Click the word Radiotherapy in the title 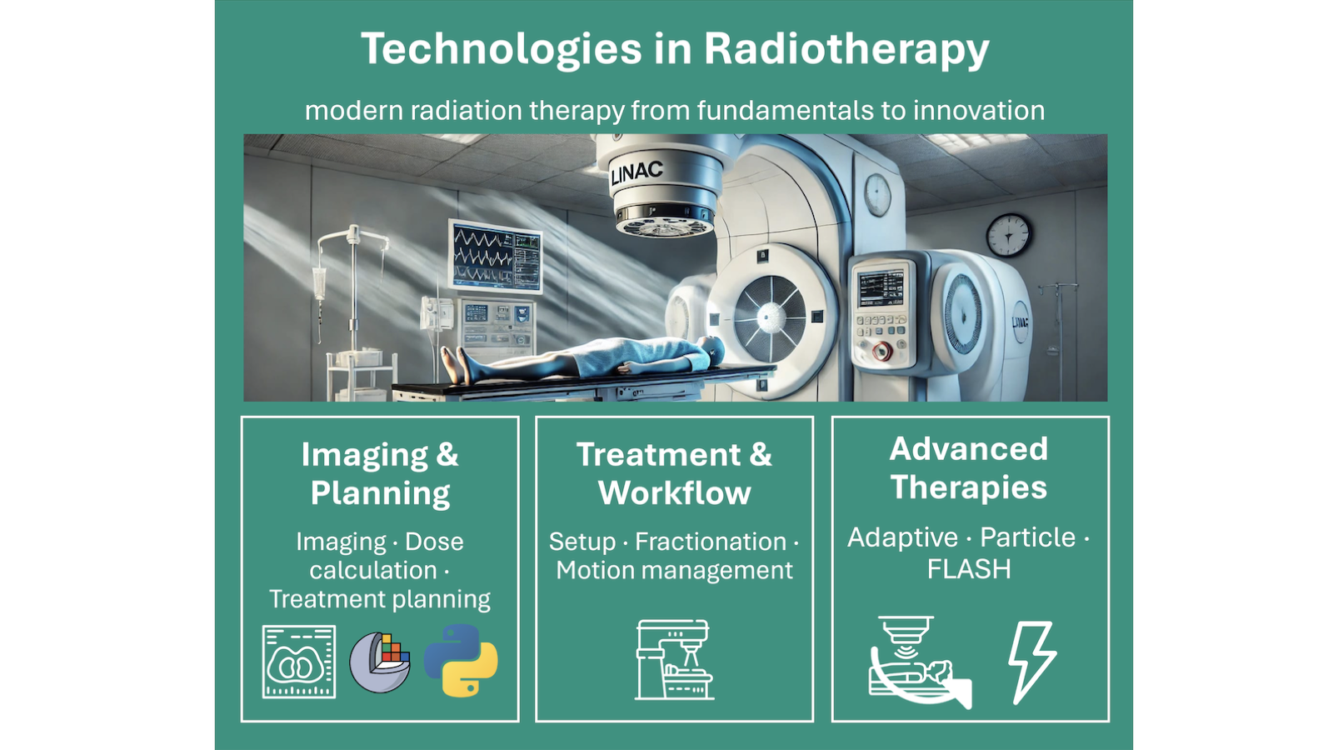[x=846, y=49]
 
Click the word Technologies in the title [x=502, y=49]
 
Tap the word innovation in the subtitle [x=979, y=110]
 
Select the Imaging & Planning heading [x=380, y=473]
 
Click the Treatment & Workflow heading [x=674, y=473]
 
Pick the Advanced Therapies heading [x=969, y=467]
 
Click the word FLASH [x=969, y=568]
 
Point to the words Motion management [x=674, y=570]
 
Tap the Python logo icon [x=461, y=660]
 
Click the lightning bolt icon [x=1031, y=662]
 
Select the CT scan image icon [x=299, y=662]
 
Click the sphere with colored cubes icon [x=380, y=662]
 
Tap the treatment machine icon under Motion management [x=674, y=659]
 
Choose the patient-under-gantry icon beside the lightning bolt [x=920, y=662]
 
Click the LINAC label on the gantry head [x=637, y=172]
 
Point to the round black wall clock [x=1009, y=235]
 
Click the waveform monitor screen [x=495, y=256]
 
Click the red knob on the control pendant [x=882, y=351]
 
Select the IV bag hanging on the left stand [x=320, y=283]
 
